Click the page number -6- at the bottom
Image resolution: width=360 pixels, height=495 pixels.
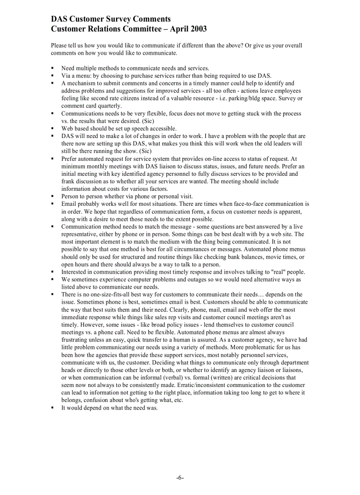(x=180, y=478)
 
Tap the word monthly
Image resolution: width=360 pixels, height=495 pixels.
(x=101, y=166)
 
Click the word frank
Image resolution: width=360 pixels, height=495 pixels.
(x=68, y=181)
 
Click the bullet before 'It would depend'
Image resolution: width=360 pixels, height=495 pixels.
(x=52, y=408)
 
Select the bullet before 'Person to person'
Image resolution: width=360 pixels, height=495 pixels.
(x=52, y=197)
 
